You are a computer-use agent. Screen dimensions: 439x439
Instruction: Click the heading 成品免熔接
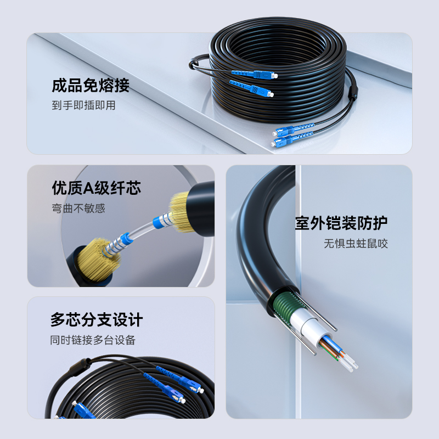[x=91, y=86]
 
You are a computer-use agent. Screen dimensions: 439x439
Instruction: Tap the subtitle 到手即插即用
[x=83, y=105]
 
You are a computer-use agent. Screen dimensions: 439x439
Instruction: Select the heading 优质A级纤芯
[x=97, y=188]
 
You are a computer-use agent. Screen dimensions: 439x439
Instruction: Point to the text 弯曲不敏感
[x=78, y=209]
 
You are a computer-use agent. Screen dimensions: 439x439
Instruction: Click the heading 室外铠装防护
[x=341, y=223]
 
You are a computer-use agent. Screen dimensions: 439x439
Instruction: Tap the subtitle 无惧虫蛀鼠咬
[x=356, y=243]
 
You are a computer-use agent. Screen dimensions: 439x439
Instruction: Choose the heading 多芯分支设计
[x=97, y=320]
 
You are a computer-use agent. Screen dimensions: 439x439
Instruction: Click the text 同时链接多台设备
[x=93, y=340]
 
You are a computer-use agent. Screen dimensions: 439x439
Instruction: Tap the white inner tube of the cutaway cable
[x=309, y=325]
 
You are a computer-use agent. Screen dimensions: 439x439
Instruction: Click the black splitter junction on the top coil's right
[x=353, y=93]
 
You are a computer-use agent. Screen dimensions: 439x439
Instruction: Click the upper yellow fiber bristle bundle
[x=179, y=212]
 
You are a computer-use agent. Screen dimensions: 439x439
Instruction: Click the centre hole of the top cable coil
[x=277, y=48]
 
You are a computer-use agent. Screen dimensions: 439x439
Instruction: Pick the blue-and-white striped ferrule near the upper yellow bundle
[x=163, y=221]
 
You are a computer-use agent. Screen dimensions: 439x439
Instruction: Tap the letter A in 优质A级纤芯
[x=89, y=188]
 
